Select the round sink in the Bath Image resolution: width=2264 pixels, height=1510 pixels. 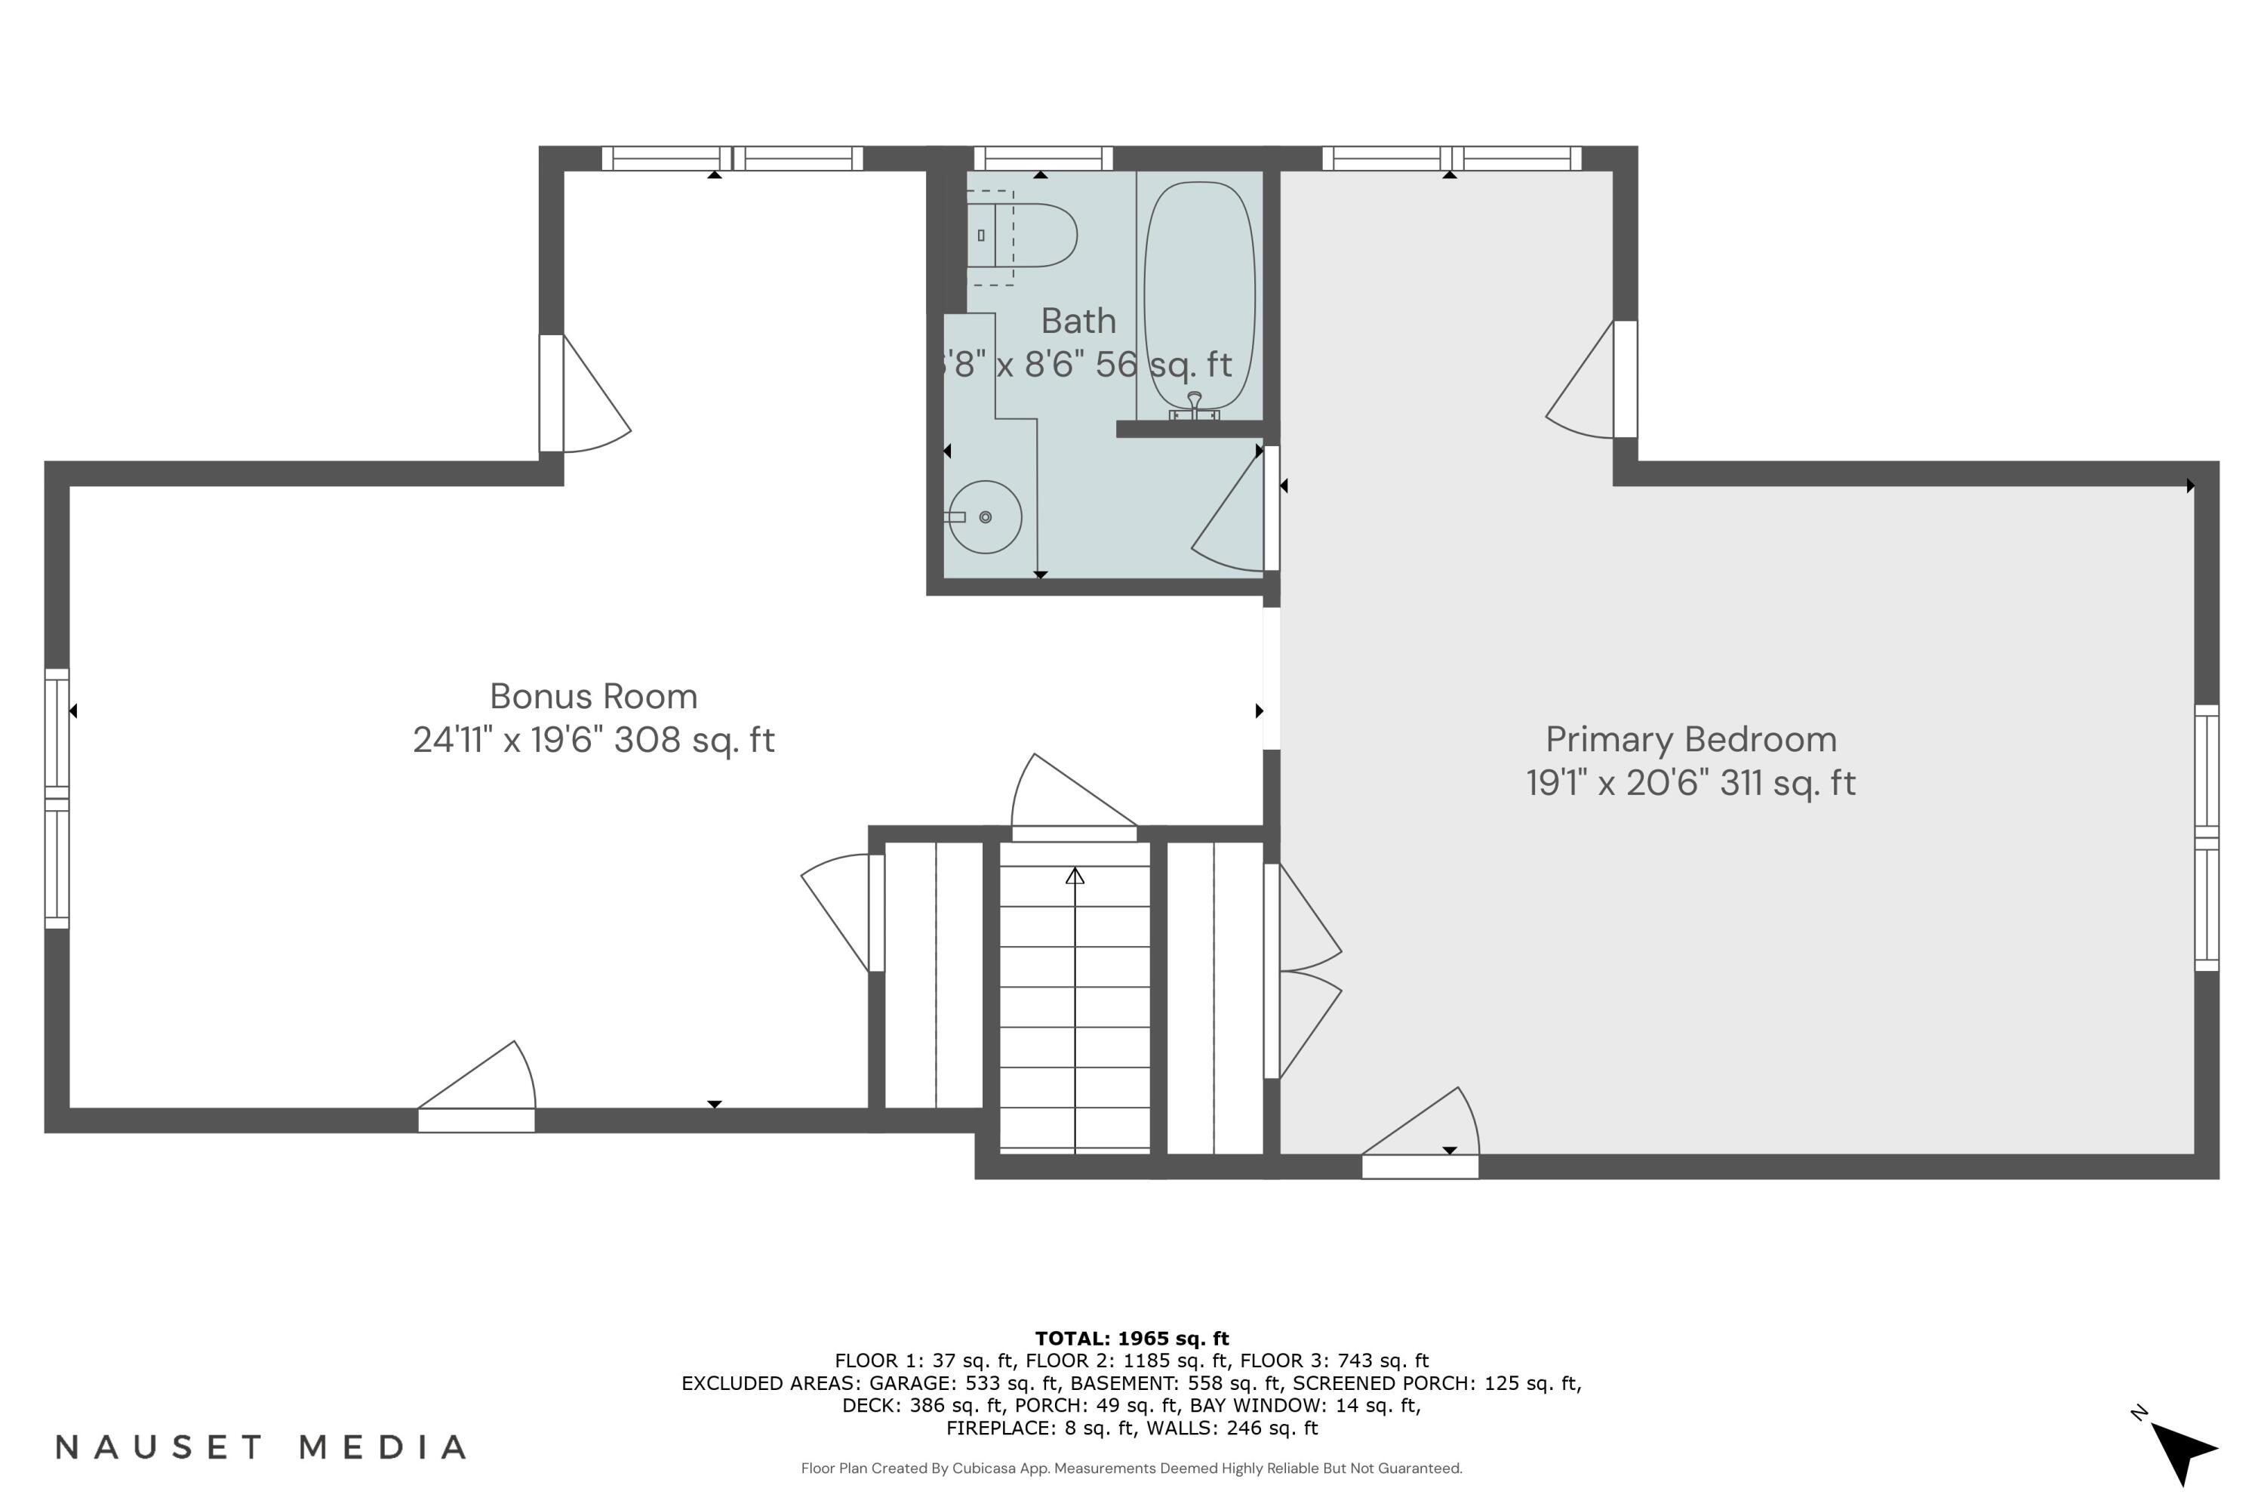coord(985,518)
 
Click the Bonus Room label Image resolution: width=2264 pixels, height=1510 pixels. coord(594,696)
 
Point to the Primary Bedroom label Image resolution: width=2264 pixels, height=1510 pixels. coord(1691,740)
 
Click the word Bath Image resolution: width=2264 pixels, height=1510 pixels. coord(1078,321)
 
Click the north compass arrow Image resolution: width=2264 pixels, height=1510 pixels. coord(2182,1450)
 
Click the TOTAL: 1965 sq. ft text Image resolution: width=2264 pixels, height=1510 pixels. coord(1132,1339)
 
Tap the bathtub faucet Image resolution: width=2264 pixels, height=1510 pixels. coord(1195,405)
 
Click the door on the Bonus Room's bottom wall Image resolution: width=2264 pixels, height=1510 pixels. coord(476,1120)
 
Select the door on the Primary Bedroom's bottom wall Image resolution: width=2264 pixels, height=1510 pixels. coord(1420,1166)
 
